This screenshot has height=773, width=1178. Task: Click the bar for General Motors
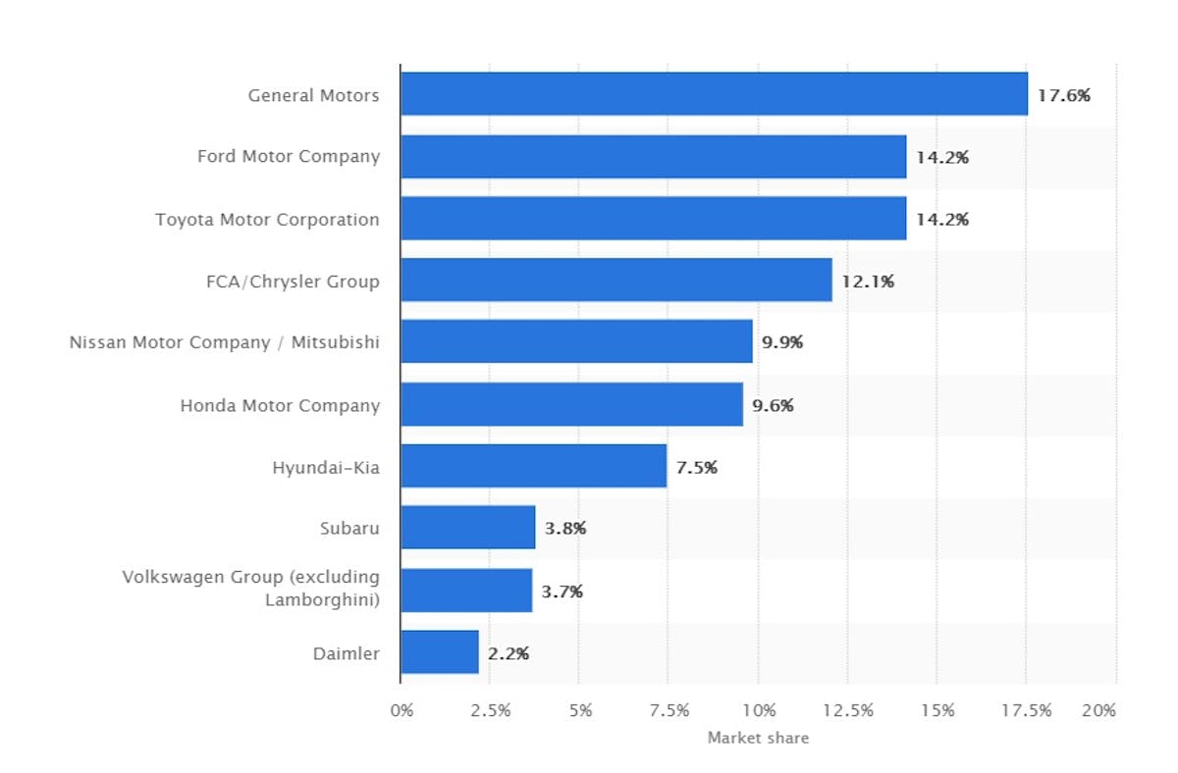click(714, 94)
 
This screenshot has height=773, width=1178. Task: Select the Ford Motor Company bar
click(653, 156)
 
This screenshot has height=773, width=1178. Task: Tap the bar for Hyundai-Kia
click(533, 466)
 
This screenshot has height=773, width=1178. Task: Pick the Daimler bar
click(440, 651)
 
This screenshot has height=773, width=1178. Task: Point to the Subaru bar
click(467, 528)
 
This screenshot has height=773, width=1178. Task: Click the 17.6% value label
click(1064, 95)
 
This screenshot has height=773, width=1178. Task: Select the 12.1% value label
click(868, 282)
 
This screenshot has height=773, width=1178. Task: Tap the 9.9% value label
click(782, 342)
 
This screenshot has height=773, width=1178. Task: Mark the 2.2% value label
click(509, 652)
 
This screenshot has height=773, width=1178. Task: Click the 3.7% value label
click(562, 591)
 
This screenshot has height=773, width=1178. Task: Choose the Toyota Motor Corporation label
click(267, 220)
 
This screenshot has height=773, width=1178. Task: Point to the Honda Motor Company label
click(280, 405)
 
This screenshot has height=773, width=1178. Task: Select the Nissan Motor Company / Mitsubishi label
click(224, 343)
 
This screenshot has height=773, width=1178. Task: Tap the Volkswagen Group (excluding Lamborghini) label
click(250, 588)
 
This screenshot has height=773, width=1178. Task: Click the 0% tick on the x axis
click(402, 710)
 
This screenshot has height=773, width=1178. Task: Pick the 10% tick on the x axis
click(759, 710)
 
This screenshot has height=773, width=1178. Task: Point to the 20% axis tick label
click(1098, 710)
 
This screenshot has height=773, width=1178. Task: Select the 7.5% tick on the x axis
click(669, 710)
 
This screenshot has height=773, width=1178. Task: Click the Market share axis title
click(758, 738)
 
